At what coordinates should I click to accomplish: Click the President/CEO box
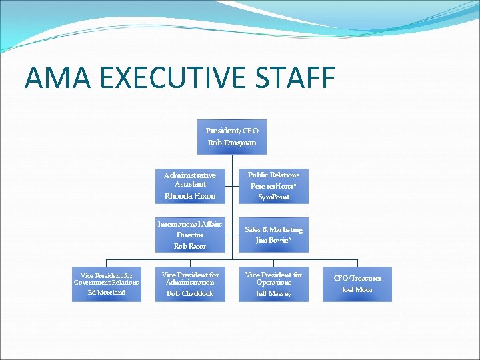(232, 137)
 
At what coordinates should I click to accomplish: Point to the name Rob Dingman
(232, 143)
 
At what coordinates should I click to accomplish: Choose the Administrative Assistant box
(190, 186)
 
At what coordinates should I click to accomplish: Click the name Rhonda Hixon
(190, 196)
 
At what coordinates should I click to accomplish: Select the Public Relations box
(273, 186)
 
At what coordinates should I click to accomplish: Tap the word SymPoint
(273, 197)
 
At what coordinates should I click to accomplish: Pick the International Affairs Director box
(190, 235)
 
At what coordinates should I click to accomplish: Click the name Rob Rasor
(190, 246)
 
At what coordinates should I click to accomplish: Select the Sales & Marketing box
(273, 235)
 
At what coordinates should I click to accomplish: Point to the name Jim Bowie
(273, 240)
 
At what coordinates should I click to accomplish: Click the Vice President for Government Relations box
(107, 284)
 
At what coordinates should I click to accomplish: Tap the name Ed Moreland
(107, 293)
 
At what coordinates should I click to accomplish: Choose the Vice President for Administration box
(190, 284)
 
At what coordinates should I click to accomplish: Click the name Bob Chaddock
(190, 293)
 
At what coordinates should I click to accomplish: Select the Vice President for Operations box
(273, 284)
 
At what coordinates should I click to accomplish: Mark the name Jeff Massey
(273, 293)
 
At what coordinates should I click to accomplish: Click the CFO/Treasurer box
(357, 284)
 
